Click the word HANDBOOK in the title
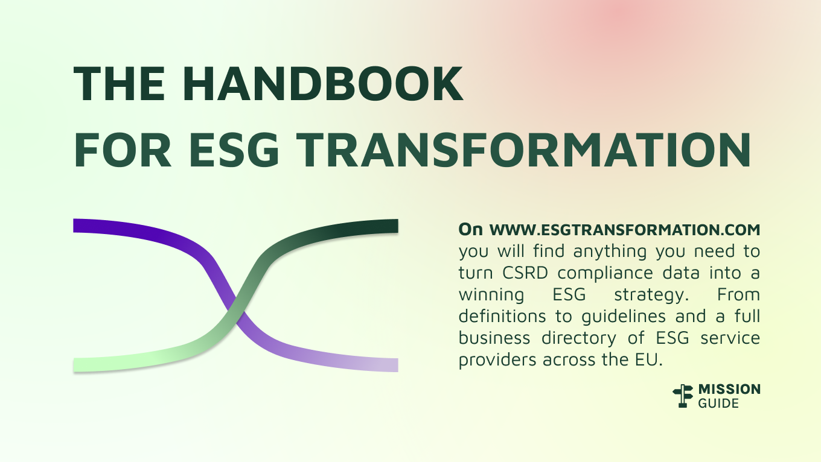pos(330,84)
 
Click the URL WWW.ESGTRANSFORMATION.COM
pos(624,230)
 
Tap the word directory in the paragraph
pos(580,338)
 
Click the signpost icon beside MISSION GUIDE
pos(683,396)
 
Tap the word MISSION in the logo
pos(729,390)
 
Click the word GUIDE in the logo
pos(718,403)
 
